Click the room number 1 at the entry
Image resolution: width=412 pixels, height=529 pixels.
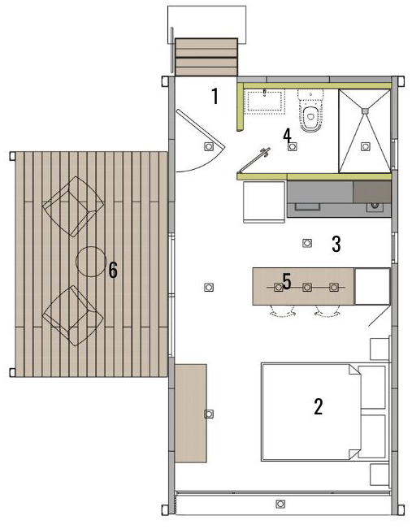click(x=215, y=96)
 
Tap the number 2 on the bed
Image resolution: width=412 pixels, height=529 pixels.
click(x=319, y=406)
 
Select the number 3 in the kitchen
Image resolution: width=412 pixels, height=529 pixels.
click(x=336, y=244)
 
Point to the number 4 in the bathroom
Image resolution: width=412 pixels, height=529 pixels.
click(x=287, y=136)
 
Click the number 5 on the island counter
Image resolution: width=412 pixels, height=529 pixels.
click(x=287, y=281)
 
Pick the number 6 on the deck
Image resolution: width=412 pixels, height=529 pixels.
click(x=113, y=271)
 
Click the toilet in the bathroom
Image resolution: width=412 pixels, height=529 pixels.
click(x=310, y=111)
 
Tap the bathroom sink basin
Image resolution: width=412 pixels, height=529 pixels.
click(x=265, y=102)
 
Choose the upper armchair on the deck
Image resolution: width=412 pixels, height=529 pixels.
click(x=73, y=206)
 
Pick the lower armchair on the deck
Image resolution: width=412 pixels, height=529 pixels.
click(x=73, y=316)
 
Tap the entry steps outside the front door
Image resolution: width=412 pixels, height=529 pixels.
click(x=206, y=57)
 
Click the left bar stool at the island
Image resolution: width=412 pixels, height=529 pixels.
click(x=283, y=311)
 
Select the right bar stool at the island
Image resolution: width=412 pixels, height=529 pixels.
click(x=327, y=311)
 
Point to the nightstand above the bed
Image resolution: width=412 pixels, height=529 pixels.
click(x=380, y=349)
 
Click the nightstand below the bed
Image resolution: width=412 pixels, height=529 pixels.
click(x=380, y=475)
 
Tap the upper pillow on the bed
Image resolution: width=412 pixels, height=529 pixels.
click(x=372, y=388)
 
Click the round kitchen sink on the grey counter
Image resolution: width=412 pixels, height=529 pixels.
click(x=375, y=205)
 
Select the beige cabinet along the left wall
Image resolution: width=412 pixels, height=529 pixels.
click(x=191, y=414)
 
